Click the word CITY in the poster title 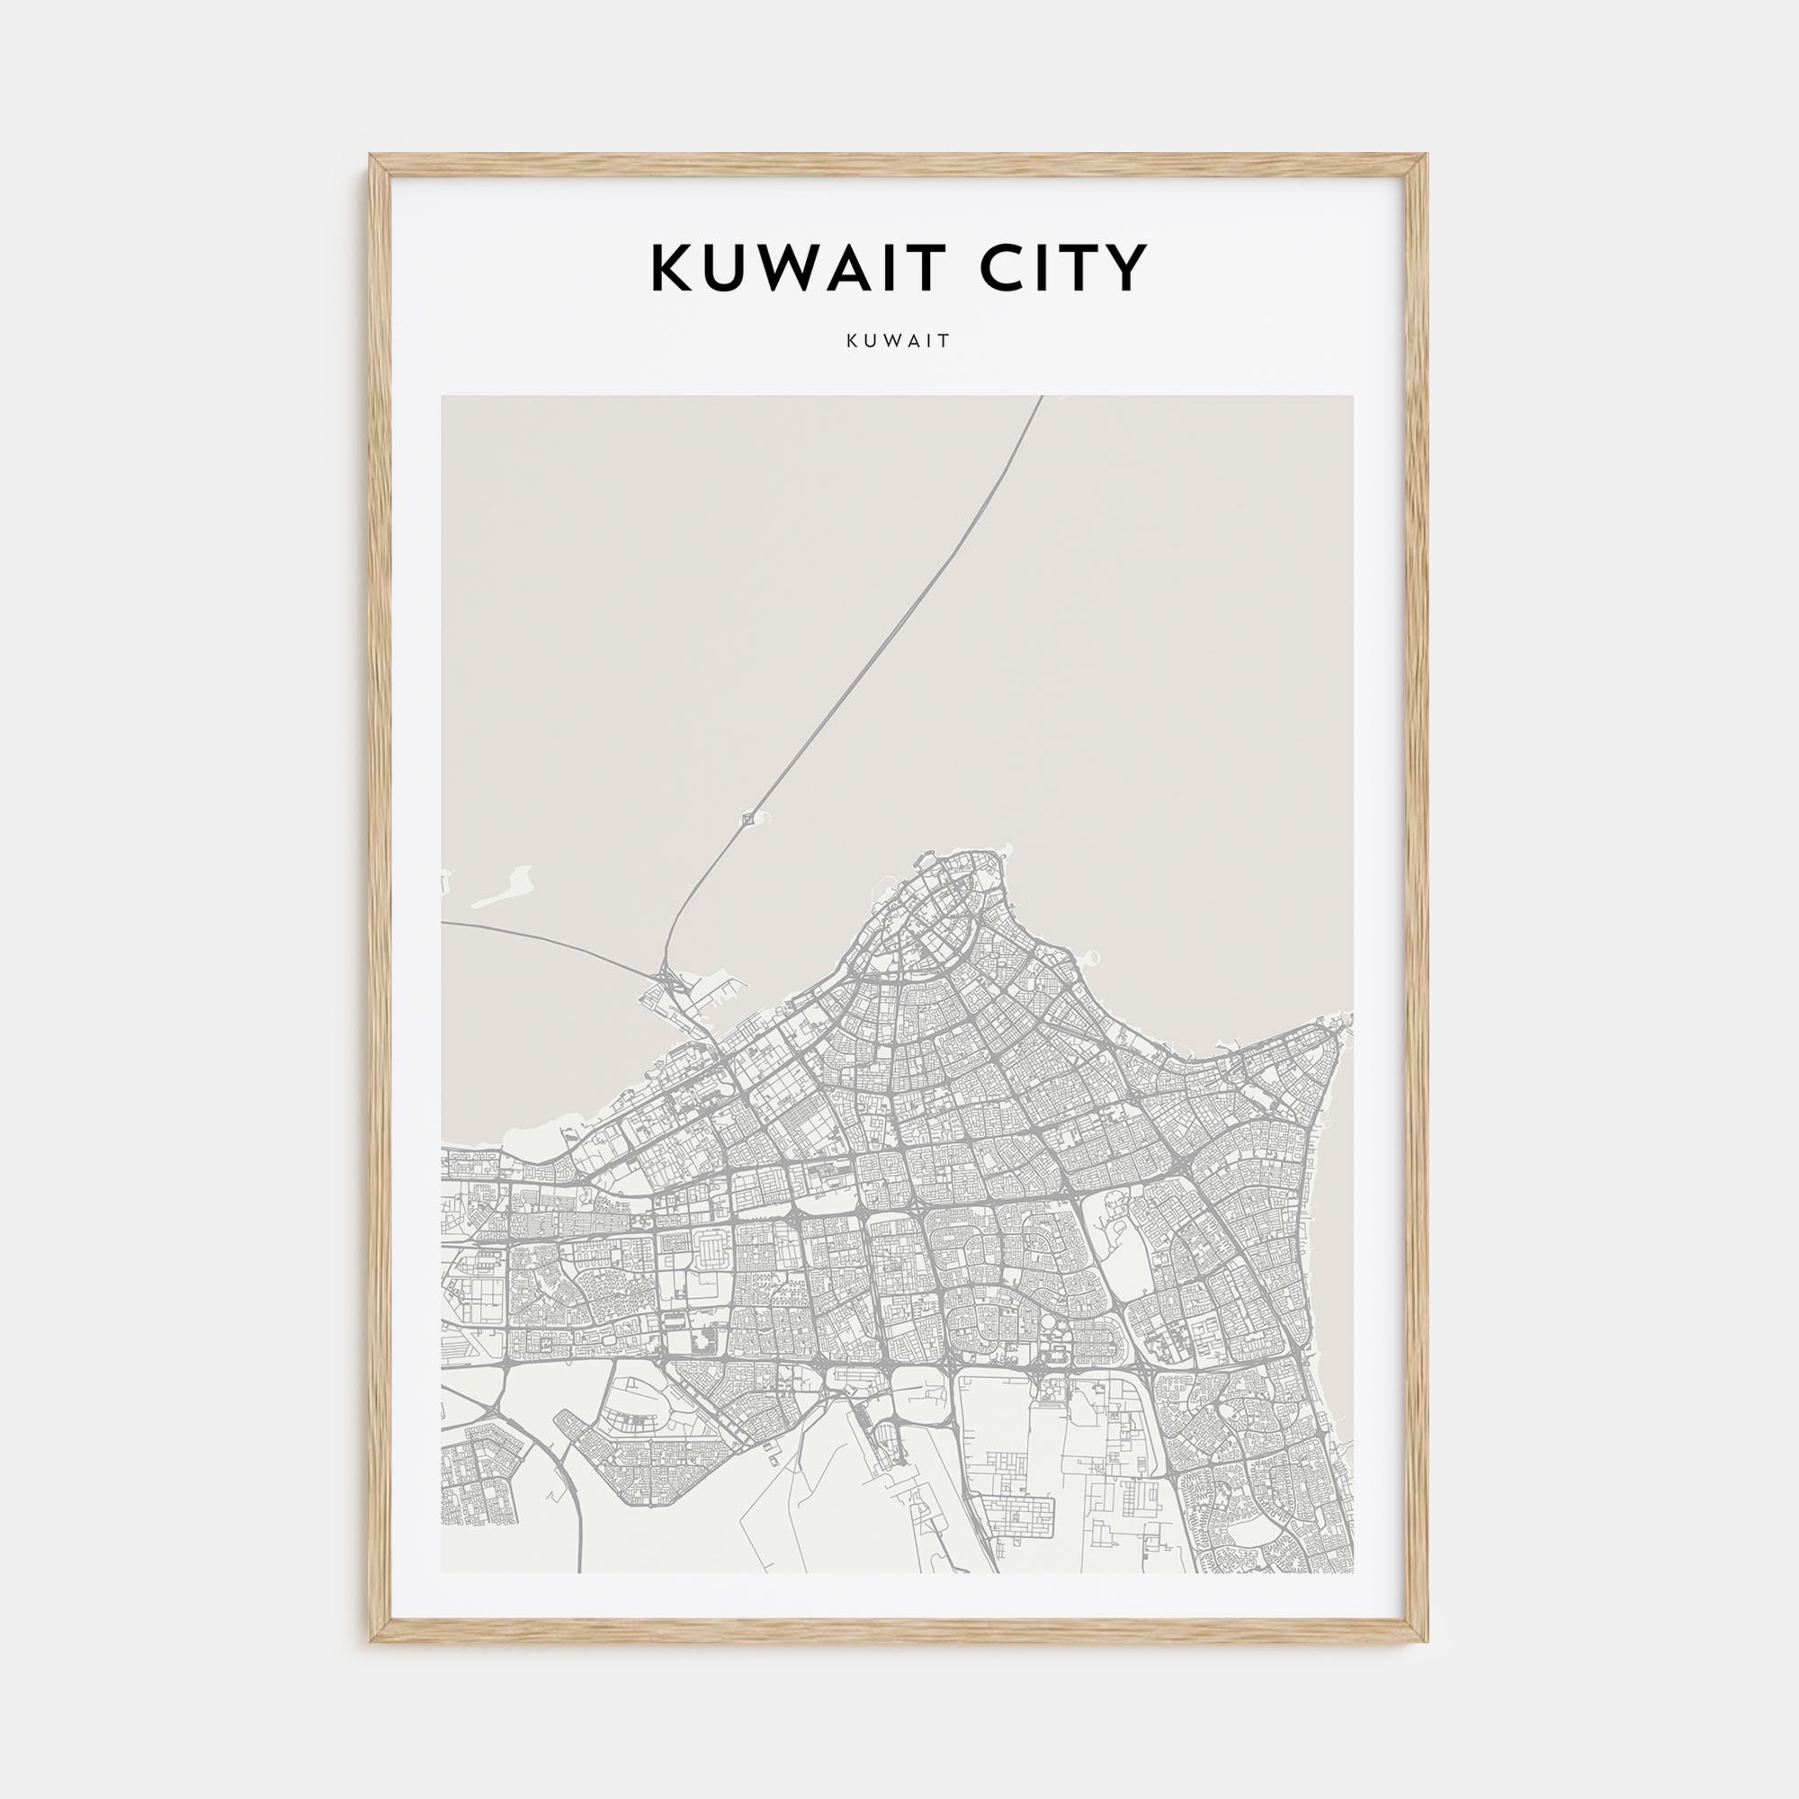tap(1061, 268)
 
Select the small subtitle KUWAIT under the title tap(899, 341)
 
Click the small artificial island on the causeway tap(747, 819)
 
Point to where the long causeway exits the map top tap(1040, 398)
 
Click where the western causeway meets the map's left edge tap(443, 923)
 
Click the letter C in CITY tap(1001, 268)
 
